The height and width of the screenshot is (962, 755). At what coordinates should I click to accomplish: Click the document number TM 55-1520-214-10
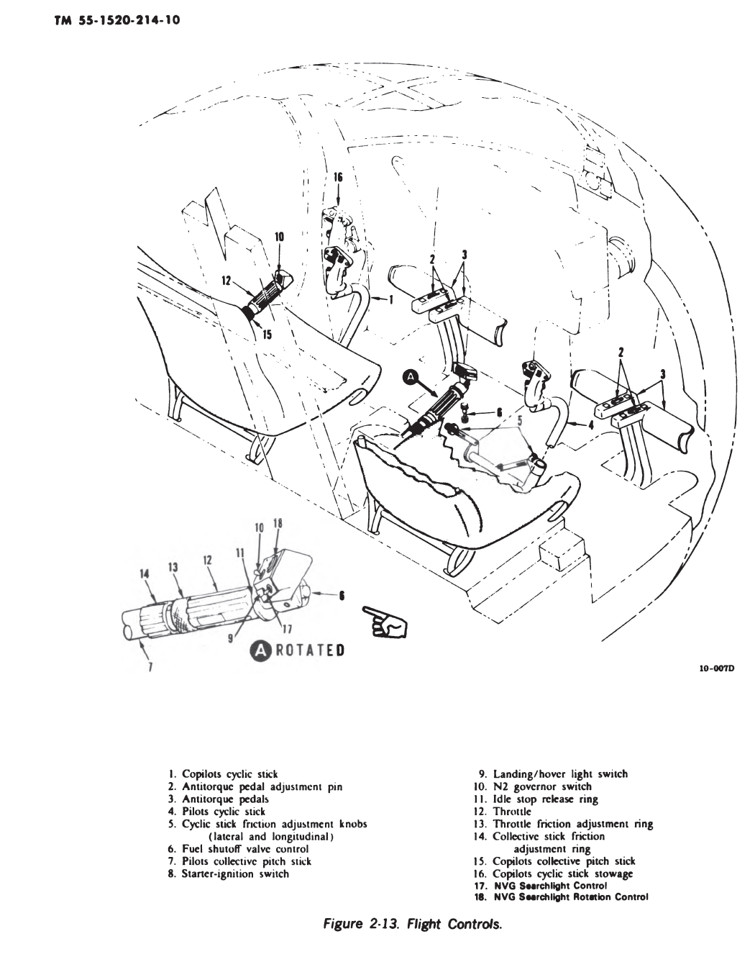pos(115,20)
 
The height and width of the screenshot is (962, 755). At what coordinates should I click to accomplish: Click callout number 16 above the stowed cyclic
pos(339,177)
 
